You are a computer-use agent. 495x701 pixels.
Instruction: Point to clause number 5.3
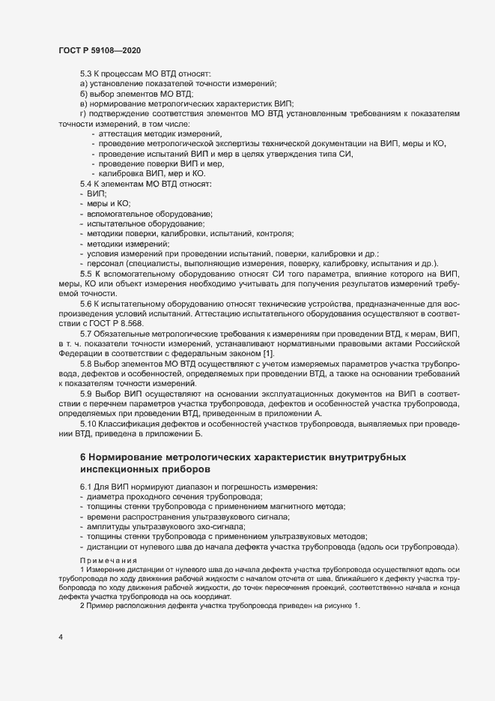[x=86, y=73]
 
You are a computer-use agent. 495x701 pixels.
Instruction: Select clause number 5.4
[x=86, y=184]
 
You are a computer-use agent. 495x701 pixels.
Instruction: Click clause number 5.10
[x=88, y=425]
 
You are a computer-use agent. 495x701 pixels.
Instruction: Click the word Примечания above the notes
[x=109, y=561]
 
